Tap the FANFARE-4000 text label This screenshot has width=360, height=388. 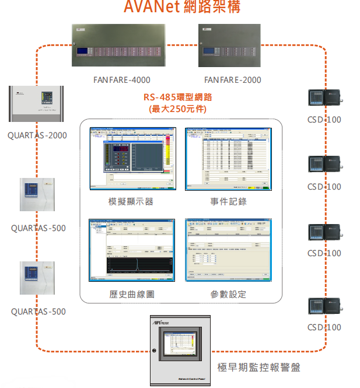tap(121, 80)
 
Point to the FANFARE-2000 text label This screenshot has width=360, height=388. tap(233, 80)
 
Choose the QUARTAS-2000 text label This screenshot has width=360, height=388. tap(37, 135)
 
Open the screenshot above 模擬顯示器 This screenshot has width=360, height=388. tap(132, 159)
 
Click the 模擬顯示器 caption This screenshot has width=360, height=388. tap(132, 202)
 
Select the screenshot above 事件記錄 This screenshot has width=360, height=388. tap(228, 159)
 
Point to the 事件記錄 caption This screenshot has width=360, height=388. tap(229, 202)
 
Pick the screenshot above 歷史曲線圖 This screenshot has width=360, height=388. tap(132, 250)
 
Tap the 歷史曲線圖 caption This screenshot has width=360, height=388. tap(132, 295)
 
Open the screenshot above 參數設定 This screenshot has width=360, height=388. tap(228, 250)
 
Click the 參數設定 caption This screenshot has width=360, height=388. tap(229, 295)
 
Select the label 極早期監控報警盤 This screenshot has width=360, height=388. tap(258, 368)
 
